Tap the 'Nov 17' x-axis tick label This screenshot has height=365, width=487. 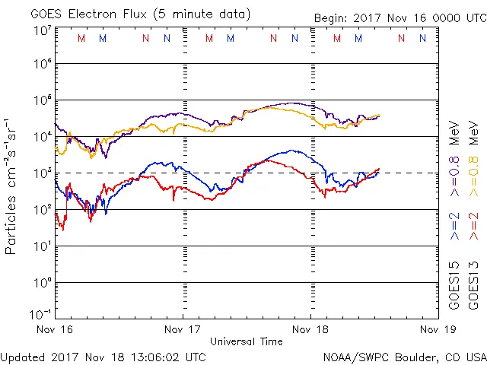(183, 329)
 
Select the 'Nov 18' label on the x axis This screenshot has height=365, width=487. (310, 329)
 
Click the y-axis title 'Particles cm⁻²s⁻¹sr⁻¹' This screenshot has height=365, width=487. (13, 186)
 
